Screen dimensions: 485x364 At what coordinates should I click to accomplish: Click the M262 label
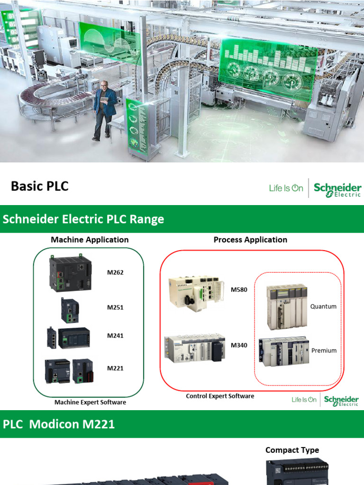click(115, 272)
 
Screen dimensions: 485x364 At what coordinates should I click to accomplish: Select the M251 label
click(115, 307)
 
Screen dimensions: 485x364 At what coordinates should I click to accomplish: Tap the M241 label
click(115, 336)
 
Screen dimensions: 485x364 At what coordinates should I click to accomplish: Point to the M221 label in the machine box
click(115, 368)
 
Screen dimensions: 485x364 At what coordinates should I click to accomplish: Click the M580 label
click(239, 289)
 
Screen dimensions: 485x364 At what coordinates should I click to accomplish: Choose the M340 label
click(239, 345)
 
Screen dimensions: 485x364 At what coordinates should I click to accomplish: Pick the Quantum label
click(323, 306)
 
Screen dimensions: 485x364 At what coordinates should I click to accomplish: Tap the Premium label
click(324, 350)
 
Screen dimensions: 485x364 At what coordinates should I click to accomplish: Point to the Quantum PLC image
click(286, 306)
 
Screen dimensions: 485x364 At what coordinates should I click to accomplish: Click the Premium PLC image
click(283, 351)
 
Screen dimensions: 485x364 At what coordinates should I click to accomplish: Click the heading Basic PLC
click(40, 186)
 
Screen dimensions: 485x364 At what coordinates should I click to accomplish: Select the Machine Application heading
click(90, 240)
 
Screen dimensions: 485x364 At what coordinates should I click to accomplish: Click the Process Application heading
click(250, 240)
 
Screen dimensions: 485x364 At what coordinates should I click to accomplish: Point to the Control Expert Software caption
click(220, 396)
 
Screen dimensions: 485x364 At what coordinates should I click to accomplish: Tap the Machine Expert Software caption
click(90, 402)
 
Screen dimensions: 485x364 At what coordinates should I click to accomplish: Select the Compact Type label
click(292, 450)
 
